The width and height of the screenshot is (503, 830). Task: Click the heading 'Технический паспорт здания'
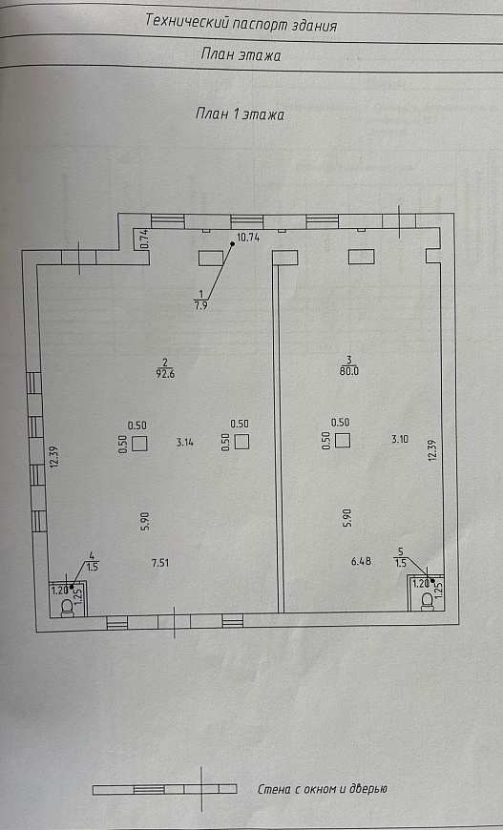click(x=241, y=24)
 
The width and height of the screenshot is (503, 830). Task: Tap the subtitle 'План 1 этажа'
click(x=240, y=114)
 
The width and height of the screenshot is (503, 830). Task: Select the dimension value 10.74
click(x=248, y=238)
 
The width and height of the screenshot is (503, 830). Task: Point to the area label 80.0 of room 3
click(x=349, y=371)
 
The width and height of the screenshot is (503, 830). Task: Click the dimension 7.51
click(x=160, y=563)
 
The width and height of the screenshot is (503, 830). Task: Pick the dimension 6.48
click(x=361, y=561)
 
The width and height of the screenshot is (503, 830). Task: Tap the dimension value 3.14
click(x=185, y=442)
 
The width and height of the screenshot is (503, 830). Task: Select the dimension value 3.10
click(x=400, y=438)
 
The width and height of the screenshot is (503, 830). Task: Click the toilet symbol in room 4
click(x=67, y=609)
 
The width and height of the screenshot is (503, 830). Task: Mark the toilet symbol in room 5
click(x=427, y=601)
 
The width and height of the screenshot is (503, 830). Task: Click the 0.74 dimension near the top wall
click(x=143, y=239)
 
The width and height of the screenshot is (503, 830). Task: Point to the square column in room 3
click(x=343, y=440)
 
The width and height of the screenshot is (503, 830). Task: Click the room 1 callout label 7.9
click(x=200, y=305)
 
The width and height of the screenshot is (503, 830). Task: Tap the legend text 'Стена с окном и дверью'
click(x=323, y=789)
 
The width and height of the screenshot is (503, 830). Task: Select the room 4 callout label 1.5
click(x=93, y=567)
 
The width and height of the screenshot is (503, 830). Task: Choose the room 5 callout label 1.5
click(x=401, y=563)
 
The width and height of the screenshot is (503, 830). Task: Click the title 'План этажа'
click(x=241, y=54)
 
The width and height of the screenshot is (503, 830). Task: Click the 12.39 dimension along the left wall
click(x=53, y=456)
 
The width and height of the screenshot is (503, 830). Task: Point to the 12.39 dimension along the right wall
click(x=432, y=451)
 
